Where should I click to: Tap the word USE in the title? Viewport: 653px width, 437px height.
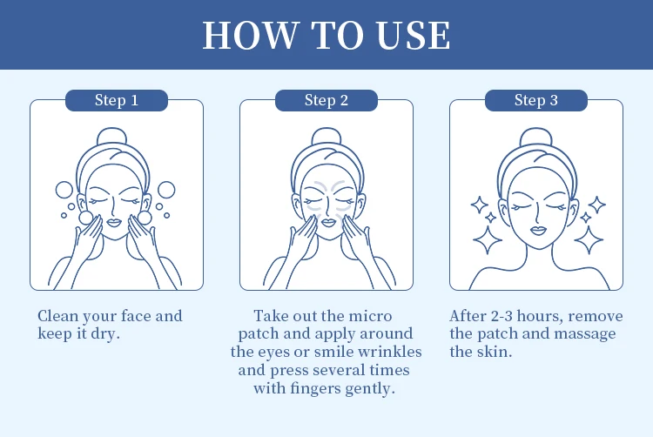413,35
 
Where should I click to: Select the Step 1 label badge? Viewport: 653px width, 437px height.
117,100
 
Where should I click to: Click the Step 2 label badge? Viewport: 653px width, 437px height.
326,100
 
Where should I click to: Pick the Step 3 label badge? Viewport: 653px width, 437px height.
536,100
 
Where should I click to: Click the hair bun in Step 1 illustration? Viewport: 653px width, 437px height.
111,137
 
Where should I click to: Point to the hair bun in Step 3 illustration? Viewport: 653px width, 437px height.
537,137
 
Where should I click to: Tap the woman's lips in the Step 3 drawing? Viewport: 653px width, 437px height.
538,230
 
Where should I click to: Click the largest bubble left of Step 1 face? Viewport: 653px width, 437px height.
64,190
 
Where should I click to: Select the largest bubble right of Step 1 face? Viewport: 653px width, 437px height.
166,190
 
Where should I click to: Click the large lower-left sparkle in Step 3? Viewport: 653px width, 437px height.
488,240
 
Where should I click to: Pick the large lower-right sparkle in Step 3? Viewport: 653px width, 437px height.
589,240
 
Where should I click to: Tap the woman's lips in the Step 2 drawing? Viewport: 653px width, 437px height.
328,223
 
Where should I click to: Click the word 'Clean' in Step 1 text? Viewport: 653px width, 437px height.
57,316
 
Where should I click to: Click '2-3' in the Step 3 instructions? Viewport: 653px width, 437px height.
502,316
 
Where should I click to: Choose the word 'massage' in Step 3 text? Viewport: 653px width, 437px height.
585,334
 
